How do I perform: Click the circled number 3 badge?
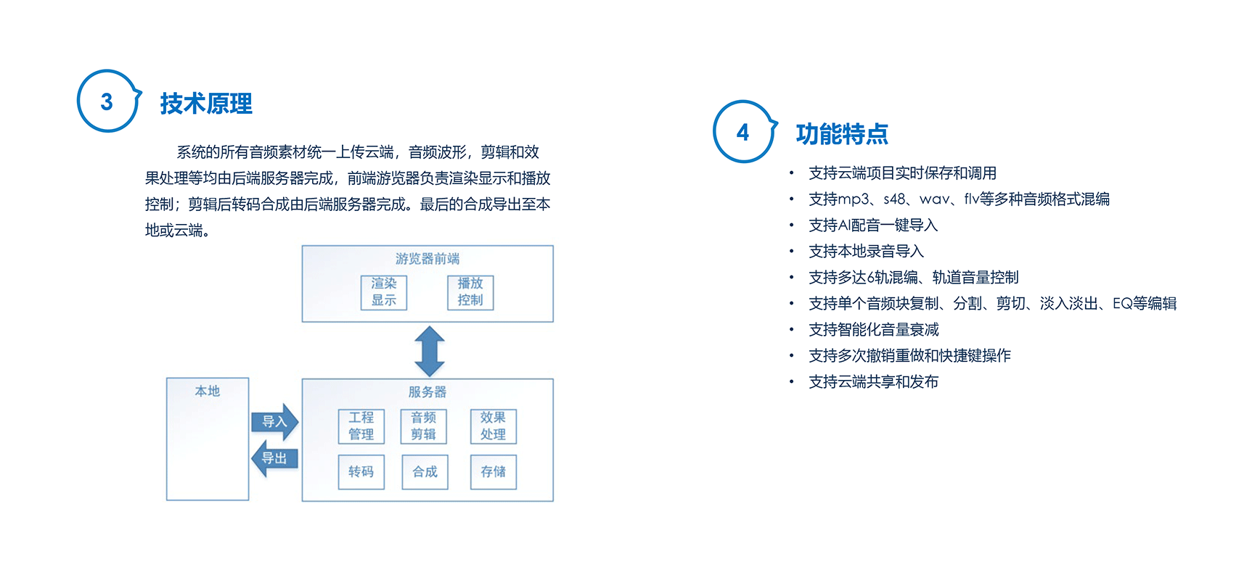coord(107,102)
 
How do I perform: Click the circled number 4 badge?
coord(742,132)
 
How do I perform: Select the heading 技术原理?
coord(206,104)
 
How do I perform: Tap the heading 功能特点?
coord(842,134)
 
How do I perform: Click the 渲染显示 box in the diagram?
coord(384,292)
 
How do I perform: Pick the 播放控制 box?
coord(470,292)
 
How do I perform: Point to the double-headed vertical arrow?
coord(430,351)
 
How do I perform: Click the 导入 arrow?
coord(275,422)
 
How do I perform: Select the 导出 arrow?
coord(274,458)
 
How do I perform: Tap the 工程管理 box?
coord(361,426)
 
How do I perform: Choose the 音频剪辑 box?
coord(424,426)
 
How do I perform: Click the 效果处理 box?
coord(494,426)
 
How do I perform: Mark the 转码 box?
coord(361,472)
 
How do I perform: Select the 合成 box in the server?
coord(425,472)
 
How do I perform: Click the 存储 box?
coord(494,472)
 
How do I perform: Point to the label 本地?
coord(208,392)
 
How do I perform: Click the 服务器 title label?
coord(427,392)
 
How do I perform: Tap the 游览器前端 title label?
coord(427,259)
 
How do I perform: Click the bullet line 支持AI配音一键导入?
coord(873,225)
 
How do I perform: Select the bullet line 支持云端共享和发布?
coord(874,382)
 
